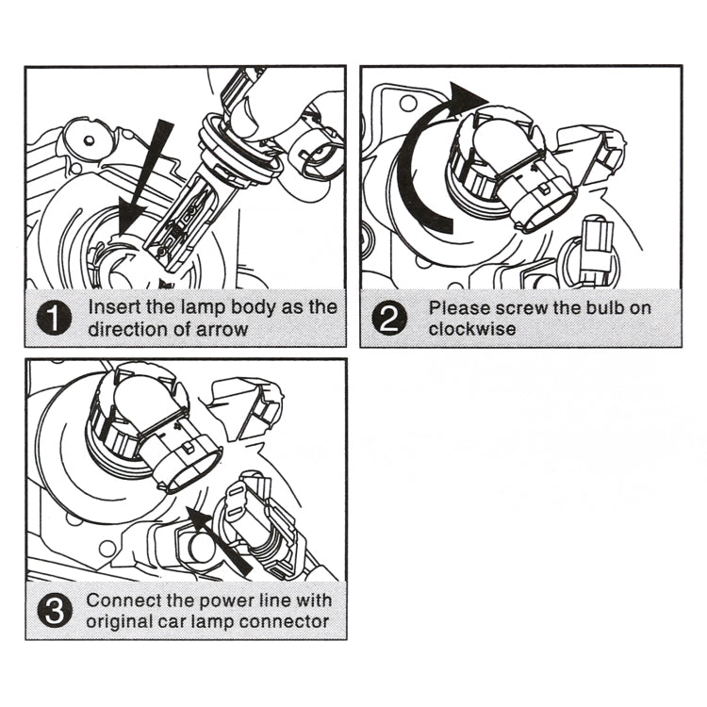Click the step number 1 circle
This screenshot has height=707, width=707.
[56, 319]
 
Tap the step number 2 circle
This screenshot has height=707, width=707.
[389, 319]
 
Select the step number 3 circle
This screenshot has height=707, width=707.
[56, 610]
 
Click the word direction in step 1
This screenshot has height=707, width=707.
[127, 329]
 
